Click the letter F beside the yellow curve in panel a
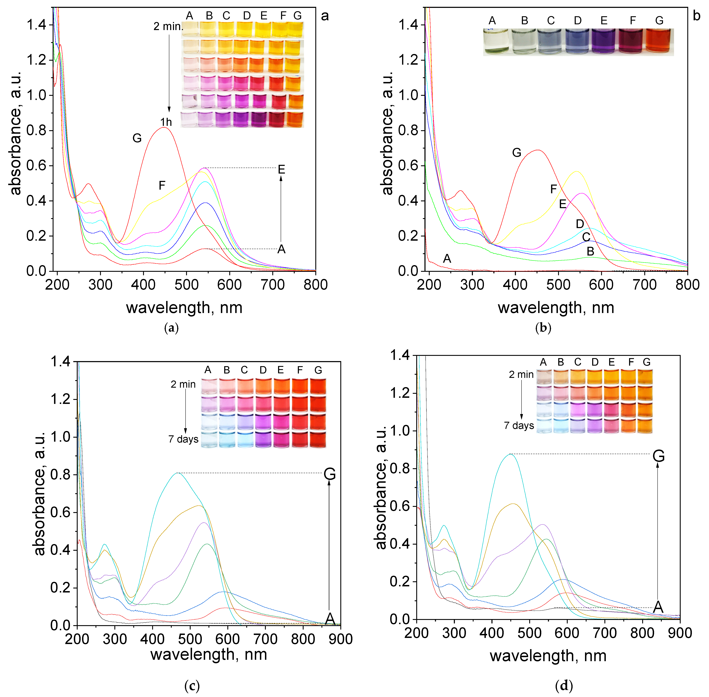pos(162,186)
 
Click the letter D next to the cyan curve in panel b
pos(580,224)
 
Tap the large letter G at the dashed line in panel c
pos(330,474)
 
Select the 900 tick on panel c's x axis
pos(341,639)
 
